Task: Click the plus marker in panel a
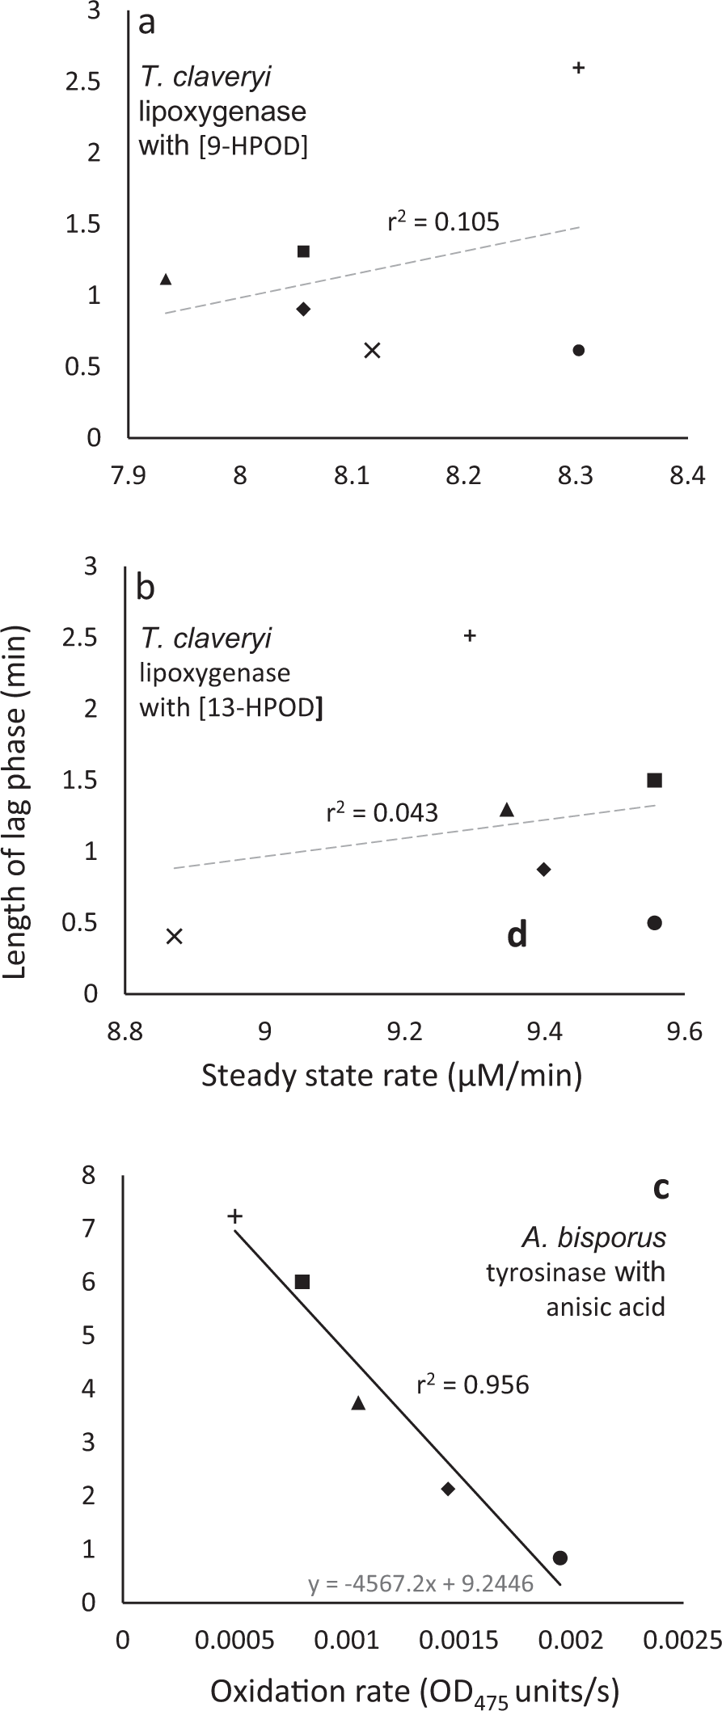pyautogui.click(x=578, y=68)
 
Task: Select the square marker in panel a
pyautogui.click(x=303, y=251)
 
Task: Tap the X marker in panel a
pyautogui.click(x=372, y=350)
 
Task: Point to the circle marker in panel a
pyautogui.click(x=578, y=350)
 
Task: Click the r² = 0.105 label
pyautogui.click(x=443, y=221)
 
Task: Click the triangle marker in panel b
pyautogui.click(x=507, y=810)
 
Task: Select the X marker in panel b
pyautogui.click(x=175, y=936)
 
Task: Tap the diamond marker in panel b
pyautogui.click(x=544, y=869)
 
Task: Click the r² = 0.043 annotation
pyautogui.click(x=382, y=811)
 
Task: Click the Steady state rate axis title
pyautogui.click(x=391, y=1076)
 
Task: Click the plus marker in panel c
pyautogui.click(x=235, y=1216)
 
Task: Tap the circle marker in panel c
pyautogui.click(x=559, y=1557)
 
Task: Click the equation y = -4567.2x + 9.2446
pyautogui.click(x=420, y=1583)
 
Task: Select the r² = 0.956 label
pyautogui.click(x=473, y=1384)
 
